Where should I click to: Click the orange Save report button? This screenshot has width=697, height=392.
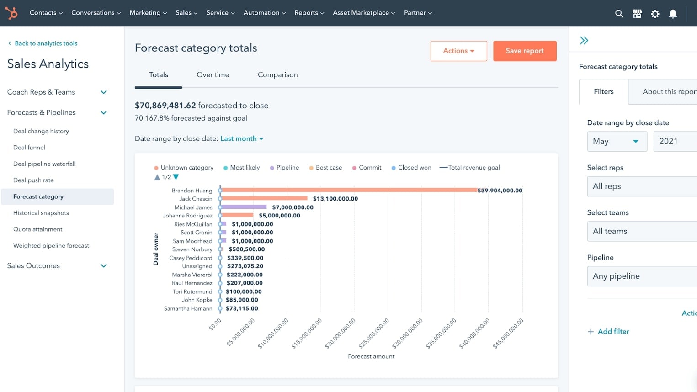click(x=524, y=51)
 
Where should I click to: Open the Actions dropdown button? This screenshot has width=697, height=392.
click(x=458, y=51)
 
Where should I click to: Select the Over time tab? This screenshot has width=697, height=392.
click(x=213, y=74)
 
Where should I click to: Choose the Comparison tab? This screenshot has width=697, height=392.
click(x=277, y=74)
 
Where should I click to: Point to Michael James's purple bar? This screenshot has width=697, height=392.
click(x=244, y=207)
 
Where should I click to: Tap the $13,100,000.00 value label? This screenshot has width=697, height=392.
click(x=335, y=199)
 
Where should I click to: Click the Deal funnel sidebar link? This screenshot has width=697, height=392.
click(x=29, y=148)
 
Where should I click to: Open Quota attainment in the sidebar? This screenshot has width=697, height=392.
click(x=38, y=229)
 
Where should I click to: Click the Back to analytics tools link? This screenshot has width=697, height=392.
click(x=46, y=43)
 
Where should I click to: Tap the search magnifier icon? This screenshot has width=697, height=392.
click(x=619, y=14)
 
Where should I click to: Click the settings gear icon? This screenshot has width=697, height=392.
click(x=655, y=14)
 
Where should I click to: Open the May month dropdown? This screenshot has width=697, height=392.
click(x=617, y=142)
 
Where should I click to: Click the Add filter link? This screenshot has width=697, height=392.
click(x=613, y=332)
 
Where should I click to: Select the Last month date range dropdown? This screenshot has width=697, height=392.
click(x=242, y=139)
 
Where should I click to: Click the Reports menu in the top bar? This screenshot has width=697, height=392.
click(x=309, y=13)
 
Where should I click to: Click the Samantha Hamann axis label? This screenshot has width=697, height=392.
click(x=188, y=309)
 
